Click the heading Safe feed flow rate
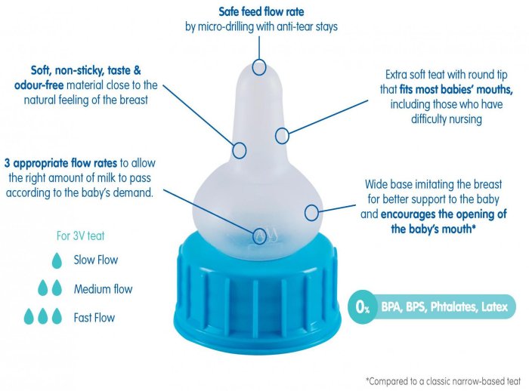(x=261, y=11)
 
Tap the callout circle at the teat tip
(x=259, y=68)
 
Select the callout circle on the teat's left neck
(x=240, y=150)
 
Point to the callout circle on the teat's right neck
(x=282, y=136)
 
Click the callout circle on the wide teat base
(x=311, y=213)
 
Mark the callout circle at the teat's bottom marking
(x=260, y=236)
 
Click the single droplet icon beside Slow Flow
(x=57, y=260)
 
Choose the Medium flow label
(x=103, y=289)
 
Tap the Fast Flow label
(x=94, y=318)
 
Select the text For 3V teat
(x=80, y=236)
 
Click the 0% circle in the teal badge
(x=362, y=306)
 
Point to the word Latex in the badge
(x=494, y=306)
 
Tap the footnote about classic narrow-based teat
(x=443, y=381)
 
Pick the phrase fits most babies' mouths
(x=456, y=89)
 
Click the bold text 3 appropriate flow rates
(x=60, y=163)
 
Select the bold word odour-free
(x=39, y=85)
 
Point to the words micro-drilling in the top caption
(x=226, y=26)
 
